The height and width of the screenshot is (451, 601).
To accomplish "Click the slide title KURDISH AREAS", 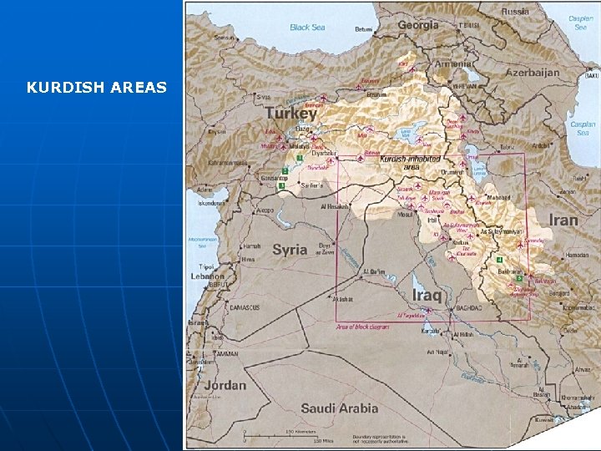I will coord(97,87).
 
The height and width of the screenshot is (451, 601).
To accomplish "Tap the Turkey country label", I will coord(291,113).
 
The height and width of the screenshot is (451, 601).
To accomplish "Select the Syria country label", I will coord(290,250).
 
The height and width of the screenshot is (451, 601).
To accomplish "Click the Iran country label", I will coord(563,220).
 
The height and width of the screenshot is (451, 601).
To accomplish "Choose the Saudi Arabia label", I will coord(339,408).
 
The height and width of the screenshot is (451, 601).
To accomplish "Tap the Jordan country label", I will coord(225,385).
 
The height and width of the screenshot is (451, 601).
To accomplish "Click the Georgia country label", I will coord(417,25).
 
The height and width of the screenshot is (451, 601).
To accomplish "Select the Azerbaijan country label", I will coord(532,73).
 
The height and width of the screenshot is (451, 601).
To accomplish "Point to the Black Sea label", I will coord(307,28).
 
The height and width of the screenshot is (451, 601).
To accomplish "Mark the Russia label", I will coord(515,12).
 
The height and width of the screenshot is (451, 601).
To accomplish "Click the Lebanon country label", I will coord(207,276).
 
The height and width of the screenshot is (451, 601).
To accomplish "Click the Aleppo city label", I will coord(265,210).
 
